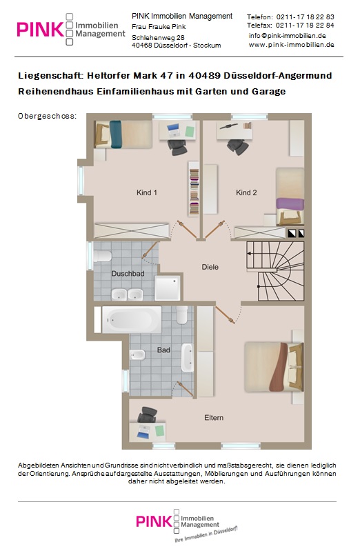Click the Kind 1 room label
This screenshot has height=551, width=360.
[147, 192]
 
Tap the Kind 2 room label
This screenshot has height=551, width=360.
[246, 192]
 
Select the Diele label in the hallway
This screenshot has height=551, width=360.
[210, 267]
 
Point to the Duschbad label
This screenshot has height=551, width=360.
[128, 273]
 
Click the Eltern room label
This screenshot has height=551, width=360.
[214, 418]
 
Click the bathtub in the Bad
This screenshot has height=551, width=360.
[132, 319]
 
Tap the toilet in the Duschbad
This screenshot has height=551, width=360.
[102, 255]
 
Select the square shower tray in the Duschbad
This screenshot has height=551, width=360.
[168, 288]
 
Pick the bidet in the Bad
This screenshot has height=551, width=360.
[137, 355]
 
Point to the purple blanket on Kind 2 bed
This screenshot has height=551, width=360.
[290, 203]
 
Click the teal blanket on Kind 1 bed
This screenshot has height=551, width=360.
[116, 134]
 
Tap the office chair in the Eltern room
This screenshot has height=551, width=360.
[148, 415]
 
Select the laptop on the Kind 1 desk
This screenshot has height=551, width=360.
[173, 131]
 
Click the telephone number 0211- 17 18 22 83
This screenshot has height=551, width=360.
[305, 17]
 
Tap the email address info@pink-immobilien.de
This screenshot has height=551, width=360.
[287, 36]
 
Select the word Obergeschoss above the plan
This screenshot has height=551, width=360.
[47, 116]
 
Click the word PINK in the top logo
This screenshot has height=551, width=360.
[40, 30]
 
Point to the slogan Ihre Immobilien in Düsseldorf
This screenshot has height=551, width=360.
[206, 534]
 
